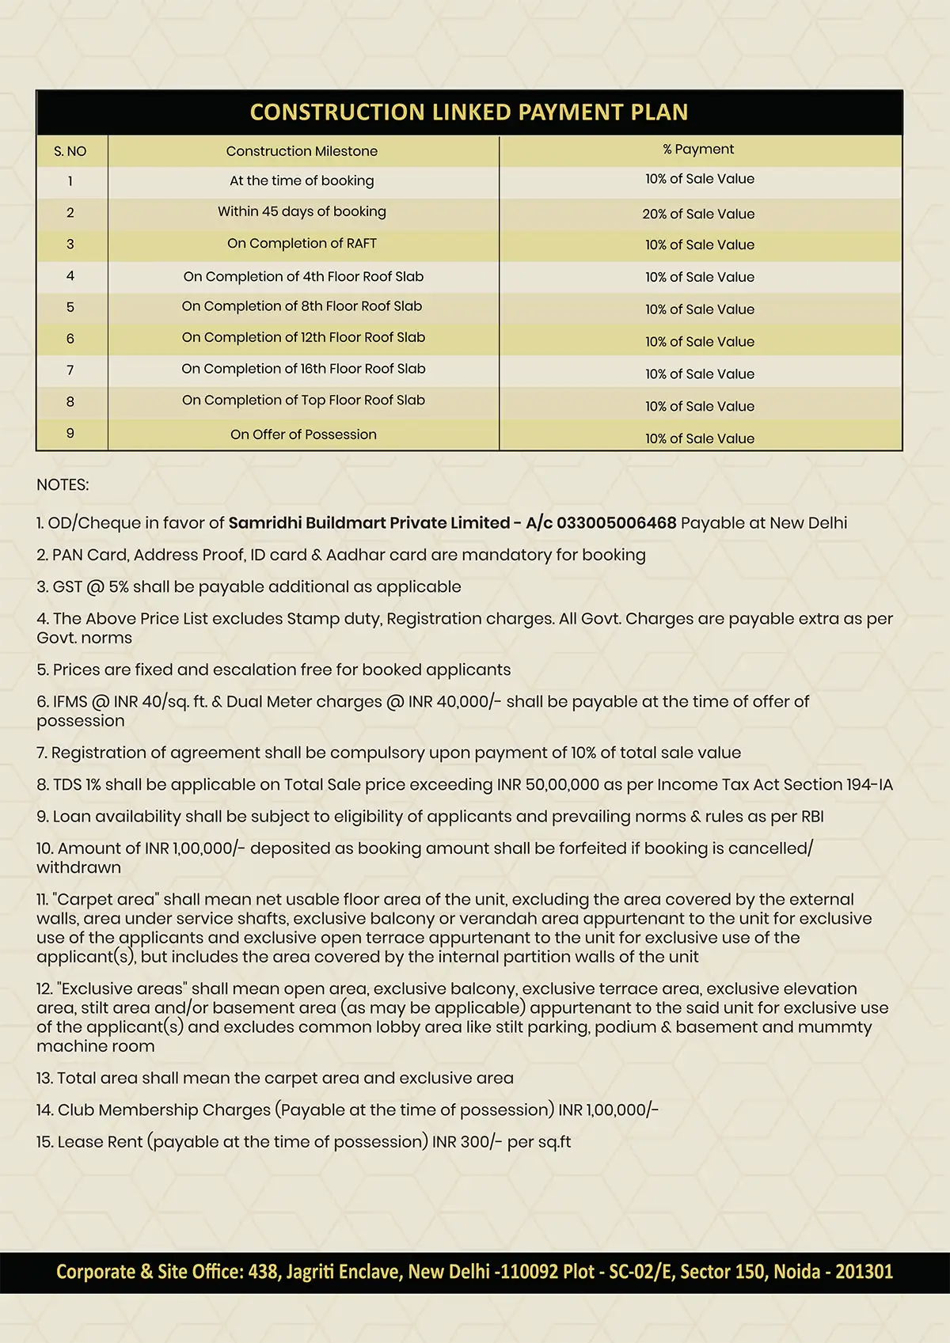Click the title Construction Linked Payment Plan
pyautogui.click(x=469, y=112)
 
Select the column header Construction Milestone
pyautogui.click(x=302, y=151)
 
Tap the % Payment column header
pyautogui.click(x=699, y=150)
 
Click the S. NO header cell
pyautogui.click(x=70, y=151)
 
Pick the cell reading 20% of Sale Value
pyautogui.click(x=698, y=214)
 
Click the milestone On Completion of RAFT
pyautogui.click(x=302, y=244)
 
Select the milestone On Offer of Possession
pyautogui.click(x=303, y=434)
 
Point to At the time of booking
pyautogui.click(x=302, y=180)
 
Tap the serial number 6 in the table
pyautogui.click(x=70, y=339)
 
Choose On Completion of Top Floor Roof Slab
pyautogui.click(x=303, y=400)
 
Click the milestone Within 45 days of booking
pyautogui.click(x=302, y=211)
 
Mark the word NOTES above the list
pyautogui.click(x=63, y=484)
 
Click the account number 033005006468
pyautogui.click(x=617, y=523)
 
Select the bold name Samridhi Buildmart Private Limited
pyautogui.click(x=369, y=523)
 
